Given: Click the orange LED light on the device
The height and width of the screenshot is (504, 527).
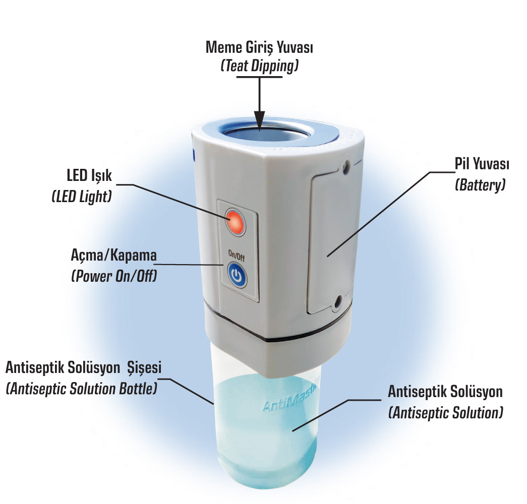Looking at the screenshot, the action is pos(236,222).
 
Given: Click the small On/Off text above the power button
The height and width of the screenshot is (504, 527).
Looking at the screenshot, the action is pos(237,256).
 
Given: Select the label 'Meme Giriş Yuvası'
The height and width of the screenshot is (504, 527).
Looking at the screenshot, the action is pos(259,47).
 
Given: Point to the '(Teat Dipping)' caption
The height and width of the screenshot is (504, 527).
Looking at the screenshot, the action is pos(260,66).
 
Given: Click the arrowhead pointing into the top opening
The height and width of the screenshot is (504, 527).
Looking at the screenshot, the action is pos(260,120).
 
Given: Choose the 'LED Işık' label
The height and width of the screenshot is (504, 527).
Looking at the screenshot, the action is pos(89,176).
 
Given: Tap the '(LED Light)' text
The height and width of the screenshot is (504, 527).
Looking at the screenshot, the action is pos(82,196).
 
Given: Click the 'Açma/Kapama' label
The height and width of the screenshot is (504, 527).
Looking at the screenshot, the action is pos(113,256).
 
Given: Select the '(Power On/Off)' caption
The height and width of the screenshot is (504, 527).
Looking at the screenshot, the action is pos(114,276).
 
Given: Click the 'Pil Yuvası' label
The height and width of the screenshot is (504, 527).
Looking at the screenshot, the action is pos(482,164).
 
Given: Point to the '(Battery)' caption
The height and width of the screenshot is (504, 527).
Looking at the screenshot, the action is pos(480,185).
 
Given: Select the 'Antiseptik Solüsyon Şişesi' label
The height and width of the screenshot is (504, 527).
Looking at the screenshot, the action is pos(83,368).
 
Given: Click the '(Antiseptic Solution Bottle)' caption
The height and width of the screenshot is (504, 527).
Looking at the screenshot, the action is pos(82,389).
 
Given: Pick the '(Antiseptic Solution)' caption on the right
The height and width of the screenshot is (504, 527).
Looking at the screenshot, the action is pos(446,413).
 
